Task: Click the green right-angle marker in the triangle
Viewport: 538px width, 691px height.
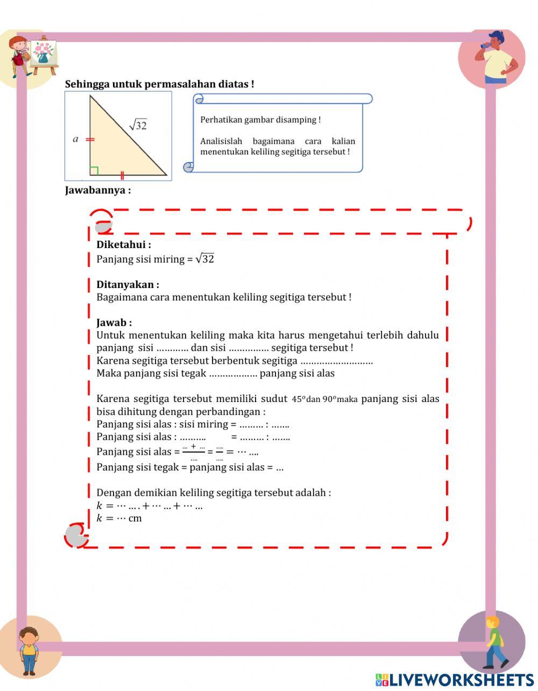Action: [94, 171]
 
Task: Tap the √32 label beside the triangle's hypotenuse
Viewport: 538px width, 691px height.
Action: [138, 125]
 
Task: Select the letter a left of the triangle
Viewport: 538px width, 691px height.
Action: [75, 139]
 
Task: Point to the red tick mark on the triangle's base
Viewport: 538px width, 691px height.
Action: [123, 175]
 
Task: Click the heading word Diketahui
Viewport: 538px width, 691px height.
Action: [122, 245]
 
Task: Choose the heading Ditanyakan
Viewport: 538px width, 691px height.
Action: [126, 285]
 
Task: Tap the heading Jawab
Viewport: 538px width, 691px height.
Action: [112, 323]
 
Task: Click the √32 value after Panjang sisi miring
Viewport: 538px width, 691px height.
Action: [205, 259]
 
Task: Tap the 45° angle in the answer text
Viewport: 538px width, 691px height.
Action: [299, 399]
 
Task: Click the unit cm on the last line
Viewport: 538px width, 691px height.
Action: [135, 519]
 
